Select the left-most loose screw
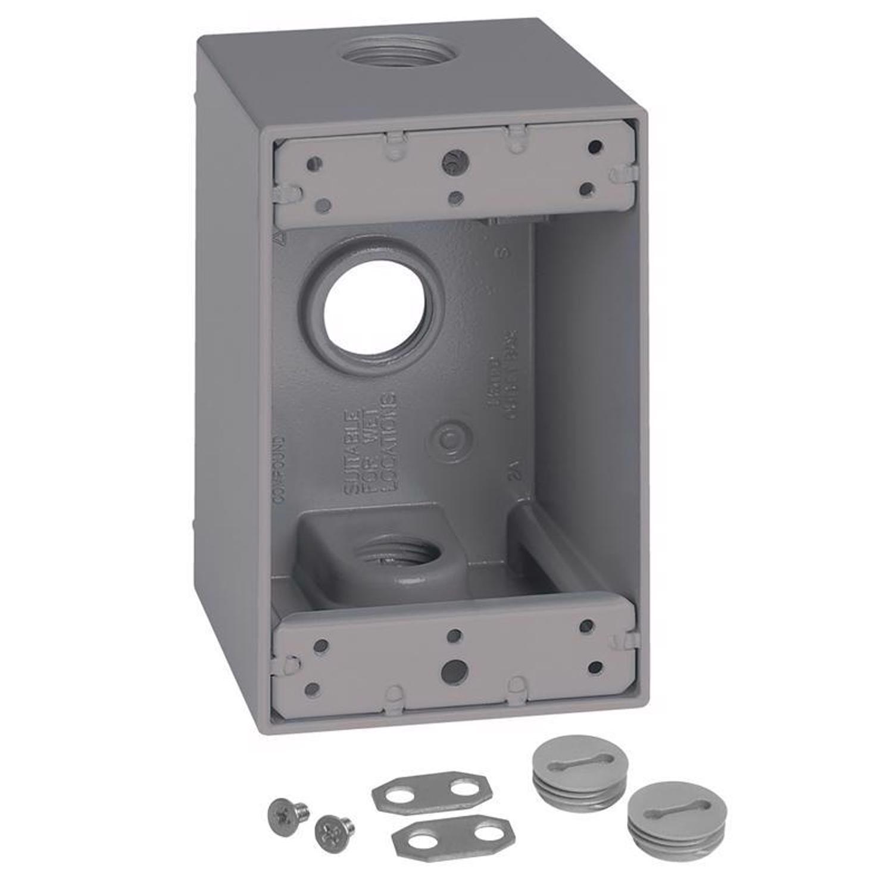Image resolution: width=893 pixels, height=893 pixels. pyautogui.click(x=289, y=810)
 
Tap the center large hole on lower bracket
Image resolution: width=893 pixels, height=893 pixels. pyautogui.click(x=454, y=672)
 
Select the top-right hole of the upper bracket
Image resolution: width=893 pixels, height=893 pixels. pyautogui.click(x=594, y=147)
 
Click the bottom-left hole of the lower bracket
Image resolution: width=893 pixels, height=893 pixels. pyautogui.click(x=312, y=689)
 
